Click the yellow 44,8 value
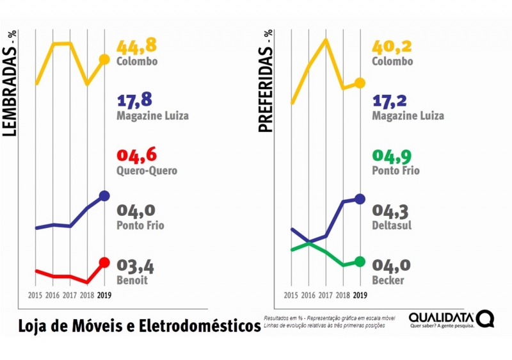coord(137,46)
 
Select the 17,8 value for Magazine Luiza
coord(136,101)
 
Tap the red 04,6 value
coord(136,156)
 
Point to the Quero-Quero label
coord(147,171)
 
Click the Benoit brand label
coord(132,281)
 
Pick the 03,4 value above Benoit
coord(136,266)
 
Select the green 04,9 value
coord(392,156)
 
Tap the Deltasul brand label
coord(392,225)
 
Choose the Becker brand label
coord(388,281)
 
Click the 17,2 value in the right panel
coord(392,101)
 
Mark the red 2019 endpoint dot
coord(105,262)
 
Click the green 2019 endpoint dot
coord(360,261)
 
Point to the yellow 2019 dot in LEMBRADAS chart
coord(104,60)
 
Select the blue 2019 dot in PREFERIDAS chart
coord(360,199)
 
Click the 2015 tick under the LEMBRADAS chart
coord(36,296)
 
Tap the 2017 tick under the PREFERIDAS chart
coord(326,296)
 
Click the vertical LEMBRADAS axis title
coord(10,83)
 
